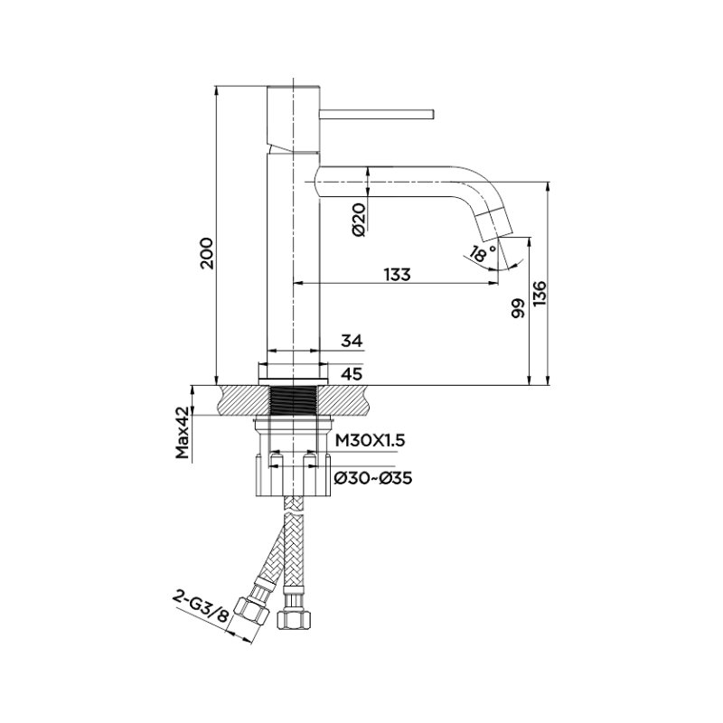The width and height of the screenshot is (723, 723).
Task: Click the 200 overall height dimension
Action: pyautogui.click(x=206, y=253)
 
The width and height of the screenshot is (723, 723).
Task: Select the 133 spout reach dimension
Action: pyautogui.click(x=397, y=275)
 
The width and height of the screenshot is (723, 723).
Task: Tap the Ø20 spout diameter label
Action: pyautogui.click(x=359, y=219)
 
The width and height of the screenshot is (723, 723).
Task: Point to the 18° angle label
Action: pyautogui.click(x=483, y=253)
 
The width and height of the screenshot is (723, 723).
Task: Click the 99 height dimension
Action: pyautogui.click(x=519, y=308)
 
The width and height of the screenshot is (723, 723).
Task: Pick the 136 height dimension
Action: pyautogui.click(x=539, y=293)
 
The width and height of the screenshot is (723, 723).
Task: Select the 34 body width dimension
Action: pyautogui.click(x=352, y=342)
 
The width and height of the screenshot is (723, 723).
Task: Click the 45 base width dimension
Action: pyautogui.click(x=352, y=373)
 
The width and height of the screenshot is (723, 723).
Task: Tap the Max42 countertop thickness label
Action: pyautogui.click(x=183, y=433)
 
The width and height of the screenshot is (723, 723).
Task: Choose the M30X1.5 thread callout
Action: pyautogui.click(x=370, y=441)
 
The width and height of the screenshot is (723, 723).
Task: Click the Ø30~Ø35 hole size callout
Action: pyautogui.click(x=373, y=478)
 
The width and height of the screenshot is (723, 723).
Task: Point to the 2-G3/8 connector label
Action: pyautogui.click(x=201, y=608)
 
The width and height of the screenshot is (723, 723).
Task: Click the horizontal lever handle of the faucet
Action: pyautogui.click(x=377, y=114)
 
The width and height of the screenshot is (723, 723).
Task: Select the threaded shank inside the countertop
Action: pyautogui.click(x=293, y=400)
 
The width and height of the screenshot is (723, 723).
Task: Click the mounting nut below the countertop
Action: pyautogui.click(x=293, y=475)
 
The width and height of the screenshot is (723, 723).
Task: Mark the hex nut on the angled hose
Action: pyautogui.click(x=251, y=612)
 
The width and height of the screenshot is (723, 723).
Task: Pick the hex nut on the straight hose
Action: pyautogui.click(x=295, y=619)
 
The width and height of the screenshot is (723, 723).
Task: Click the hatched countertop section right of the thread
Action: pyautogui.click(x=344, y=400)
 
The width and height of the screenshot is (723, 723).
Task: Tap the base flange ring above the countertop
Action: pyautogui.click(x=293, y=373)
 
